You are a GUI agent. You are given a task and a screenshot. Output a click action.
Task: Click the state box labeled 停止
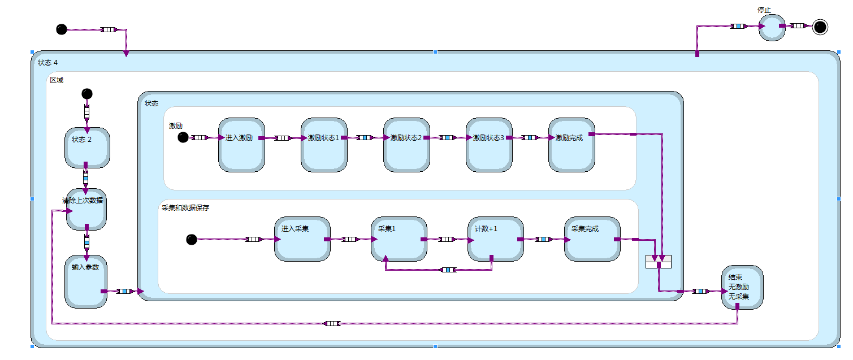pyautogui.click(x=772, y=28)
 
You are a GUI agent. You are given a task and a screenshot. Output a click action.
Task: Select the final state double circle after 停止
pyautogui.click(x=820, y=27)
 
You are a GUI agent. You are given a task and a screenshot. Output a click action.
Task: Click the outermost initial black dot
pyautogui.click(x=62, y=29)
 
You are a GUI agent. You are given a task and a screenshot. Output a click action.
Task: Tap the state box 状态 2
pyautogui.click(x=87, y=148)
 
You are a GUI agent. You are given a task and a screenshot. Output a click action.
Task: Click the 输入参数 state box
pyautogui.click(x=86, y=282)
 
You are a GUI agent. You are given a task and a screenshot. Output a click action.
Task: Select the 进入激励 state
pyautogui.click(x=241, y=145)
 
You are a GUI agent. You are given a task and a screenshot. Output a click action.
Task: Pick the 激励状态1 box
pyautogui.click(x=323, y=145)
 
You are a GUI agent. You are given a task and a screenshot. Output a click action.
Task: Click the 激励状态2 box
pyautogui.click(x=406, y=145)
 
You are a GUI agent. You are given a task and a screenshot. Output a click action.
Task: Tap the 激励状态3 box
pyautogui.click(x=488, y=145)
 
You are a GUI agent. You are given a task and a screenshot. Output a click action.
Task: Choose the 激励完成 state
pyautogui.click(x=571, y=145)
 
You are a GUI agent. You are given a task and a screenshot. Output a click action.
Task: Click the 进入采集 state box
pyautogui.click(x=302, y=239)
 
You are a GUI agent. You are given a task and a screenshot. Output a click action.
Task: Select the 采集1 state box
pyautogui.click(x=399, y=239)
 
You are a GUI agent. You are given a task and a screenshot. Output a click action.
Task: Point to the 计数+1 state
pyautogui.click(x=495, y=239)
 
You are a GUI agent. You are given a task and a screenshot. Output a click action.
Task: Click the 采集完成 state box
pyautogui.click(x=592, y=239)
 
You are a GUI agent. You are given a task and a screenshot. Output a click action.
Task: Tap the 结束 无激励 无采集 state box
pyautogui.click(x=742, y=288)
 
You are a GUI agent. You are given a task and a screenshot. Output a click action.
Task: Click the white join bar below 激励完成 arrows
pyautogui.click(x=659, y=262)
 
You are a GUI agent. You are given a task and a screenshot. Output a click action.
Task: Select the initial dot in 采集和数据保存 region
pyautogui.click(x=192, y=240)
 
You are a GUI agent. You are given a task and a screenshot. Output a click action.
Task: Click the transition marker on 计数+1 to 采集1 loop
pyautogui.click(x=448, y=270)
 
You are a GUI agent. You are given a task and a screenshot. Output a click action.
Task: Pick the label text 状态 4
pyautogui.click(x=47, y=62)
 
